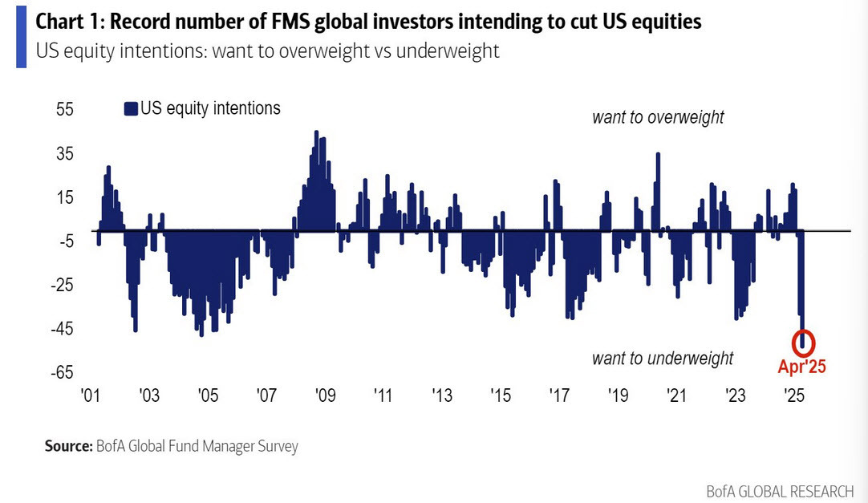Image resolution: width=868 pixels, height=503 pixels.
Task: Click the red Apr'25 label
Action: point(801,367)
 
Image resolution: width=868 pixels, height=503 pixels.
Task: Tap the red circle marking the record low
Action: point(803,342)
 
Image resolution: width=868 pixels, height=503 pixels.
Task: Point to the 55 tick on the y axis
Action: point(63,109)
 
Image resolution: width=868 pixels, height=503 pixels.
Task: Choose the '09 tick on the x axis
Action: point(324,396)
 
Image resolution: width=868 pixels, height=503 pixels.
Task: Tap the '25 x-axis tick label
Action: point(794,396)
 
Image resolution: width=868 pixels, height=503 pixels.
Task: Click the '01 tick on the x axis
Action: point(90,396)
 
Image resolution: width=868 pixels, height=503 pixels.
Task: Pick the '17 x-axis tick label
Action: point(559,396)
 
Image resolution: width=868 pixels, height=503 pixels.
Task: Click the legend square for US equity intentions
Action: point(131,109)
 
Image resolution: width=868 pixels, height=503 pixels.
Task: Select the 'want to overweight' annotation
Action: point(658,118)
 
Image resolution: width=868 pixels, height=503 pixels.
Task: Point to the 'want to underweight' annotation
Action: point(663,358)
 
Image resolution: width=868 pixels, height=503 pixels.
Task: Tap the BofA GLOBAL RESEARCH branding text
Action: point(780,489)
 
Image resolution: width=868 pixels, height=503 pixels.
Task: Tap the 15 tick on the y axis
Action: point(63,197)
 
